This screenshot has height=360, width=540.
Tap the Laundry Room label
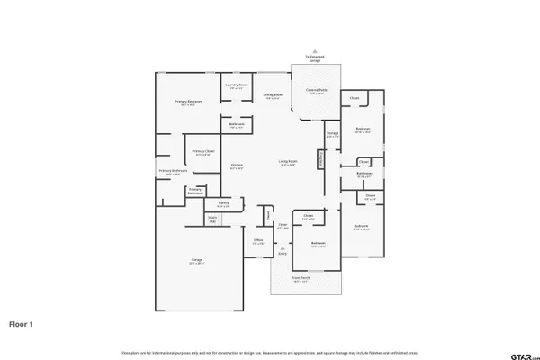pyautogui.click(x=237, y=86)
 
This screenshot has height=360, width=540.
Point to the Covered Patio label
pyautogui.click(x=316, y=91)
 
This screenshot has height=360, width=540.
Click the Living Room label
pyautogui.click(x=288, y=163)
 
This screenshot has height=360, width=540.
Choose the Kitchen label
pyautogui.click(x=237, y=166)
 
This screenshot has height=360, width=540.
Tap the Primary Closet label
pyautogui.click(x=202, y=152)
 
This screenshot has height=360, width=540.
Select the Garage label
pyautogui.click(x=196, y=262)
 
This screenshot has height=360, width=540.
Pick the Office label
pyautogui.click(x=257, y=241)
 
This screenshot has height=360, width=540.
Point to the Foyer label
pyautogui.click(x=282, y=226)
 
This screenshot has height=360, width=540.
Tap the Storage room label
pyautogui.click(x=332, y=136)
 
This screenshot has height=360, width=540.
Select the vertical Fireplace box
pyautogui.click(x=319, y=158)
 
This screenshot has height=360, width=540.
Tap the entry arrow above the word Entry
pyautogui.click(x=283, y=247)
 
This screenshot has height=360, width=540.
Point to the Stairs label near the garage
pyautogui.click(x=213, y=218)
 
